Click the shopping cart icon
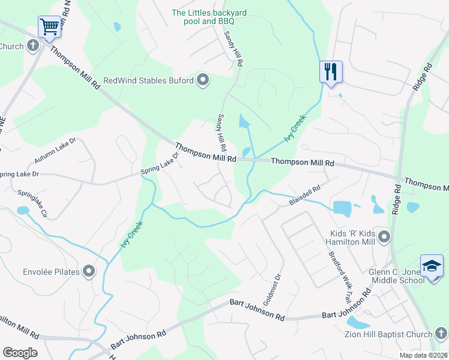pyautogui.click(x=49, y=26)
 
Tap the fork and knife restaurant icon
pyautogui.click(x=331, y=72)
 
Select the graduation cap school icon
pyautogui.click(x=432, y=265)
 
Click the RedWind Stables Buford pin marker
pyautogui.click(x=203, y=80)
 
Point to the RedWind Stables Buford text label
pyautogui.click(x=148, y=80)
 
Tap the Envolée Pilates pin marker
pyautogui.click(x=89, y=272)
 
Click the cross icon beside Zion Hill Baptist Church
pyautogui.click(x=441, y=334)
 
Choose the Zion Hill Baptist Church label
pyautogui.click(x=388, y=334)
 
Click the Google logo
pyautogui.click(x=20, y=353)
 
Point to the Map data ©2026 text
pyautogui.click(x=424, y=355)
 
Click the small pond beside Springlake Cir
pyautogui.click(x=23, y=211)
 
